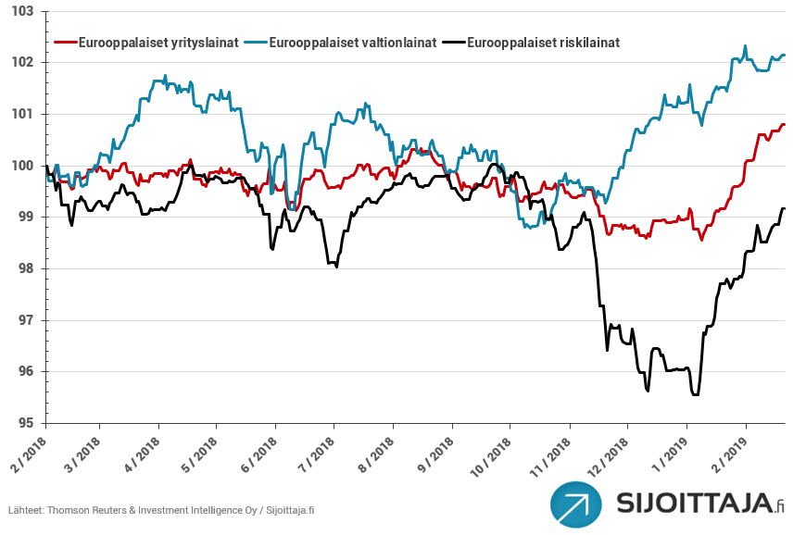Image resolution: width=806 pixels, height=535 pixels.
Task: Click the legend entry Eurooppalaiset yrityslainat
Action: click(x=159, y=43)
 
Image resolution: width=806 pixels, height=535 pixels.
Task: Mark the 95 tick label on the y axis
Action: click(x=26, y=423)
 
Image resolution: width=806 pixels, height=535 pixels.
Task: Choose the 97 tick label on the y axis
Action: click(x=26, y=320)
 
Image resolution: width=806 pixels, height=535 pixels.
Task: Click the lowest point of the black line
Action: click(x=695, y=395)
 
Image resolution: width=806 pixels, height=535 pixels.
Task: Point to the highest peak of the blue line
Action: click(x=745, y=46)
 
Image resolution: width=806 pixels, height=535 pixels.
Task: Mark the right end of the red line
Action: click(x=785, y=124)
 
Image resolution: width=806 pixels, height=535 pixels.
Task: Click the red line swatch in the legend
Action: click(x=66, y=43)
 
